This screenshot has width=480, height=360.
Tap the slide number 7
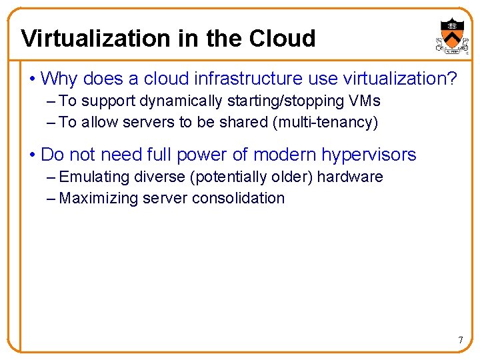click(x=460, y=341)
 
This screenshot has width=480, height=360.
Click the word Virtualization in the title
click(x=95, y=39)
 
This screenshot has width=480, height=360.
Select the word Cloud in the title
click(x=282, y=39)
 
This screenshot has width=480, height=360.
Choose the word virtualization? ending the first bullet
click(x=400, y=79)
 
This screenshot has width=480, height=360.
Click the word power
click(x=197, y=155)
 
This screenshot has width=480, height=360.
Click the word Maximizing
click(x=99, y=199)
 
